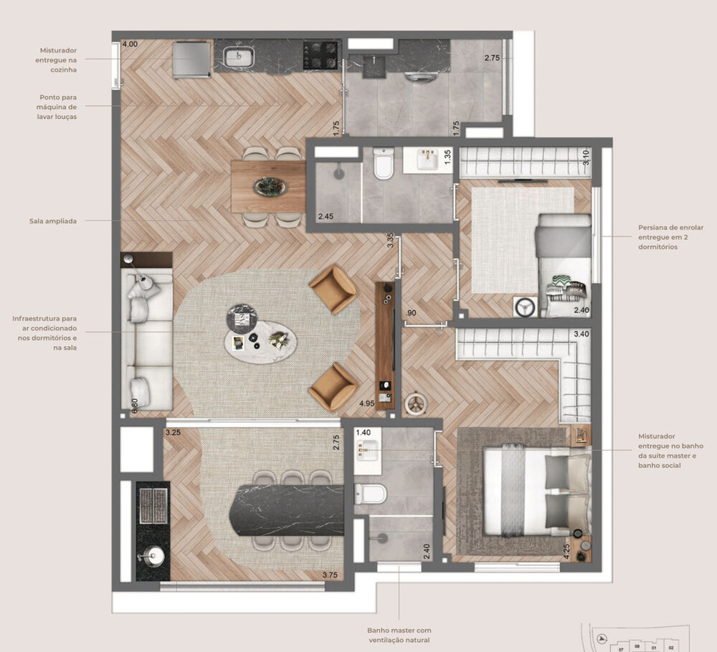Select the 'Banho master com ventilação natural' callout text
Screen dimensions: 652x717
pyautogui.click(x=399, y=635)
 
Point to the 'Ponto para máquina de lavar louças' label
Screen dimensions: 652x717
pyautogui.click(x=59, y=106)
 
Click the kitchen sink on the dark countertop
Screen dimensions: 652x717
pyautogui.click(x=237, y=56)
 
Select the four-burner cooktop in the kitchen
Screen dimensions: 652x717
pyautogui.click(x=320, y=55)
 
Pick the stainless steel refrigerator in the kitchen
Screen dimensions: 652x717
pyautogui.click(x=191, y=59)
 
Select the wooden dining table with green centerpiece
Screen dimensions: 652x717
pyautogui.click(x=269, y=187)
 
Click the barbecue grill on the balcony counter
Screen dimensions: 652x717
pyautogui.click(x=152, y=507)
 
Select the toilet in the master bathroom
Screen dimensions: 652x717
pyautogui.click(x=371, y=494)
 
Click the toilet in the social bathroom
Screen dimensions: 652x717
pyautogui.click(x=384, y=165)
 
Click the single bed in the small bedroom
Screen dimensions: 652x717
pyautogui.click(x=564, y=265)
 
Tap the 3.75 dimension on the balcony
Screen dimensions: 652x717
pyautogui.click(x=330, y=575)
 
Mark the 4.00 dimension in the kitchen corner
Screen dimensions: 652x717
pyautogui.click(x=130, y=44)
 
